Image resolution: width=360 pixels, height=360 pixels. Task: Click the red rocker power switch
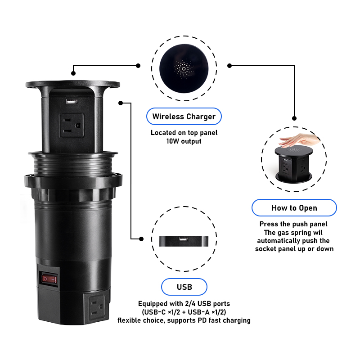pyautogui.click(x=49, y=279)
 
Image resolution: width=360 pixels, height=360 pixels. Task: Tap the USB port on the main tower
pyautogui.click(x=72, y=102)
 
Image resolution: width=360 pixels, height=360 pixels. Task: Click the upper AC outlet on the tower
pyautogui.click(x=72, y=126)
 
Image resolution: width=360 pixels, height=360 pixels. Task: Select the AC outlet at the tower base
pyautogui.click(x=97, y=308)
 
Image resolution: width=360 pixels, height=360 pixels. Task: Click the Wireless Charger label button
pyautogui.click(x=184, y=117)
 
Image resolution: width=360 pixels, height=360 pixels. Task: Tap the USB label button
pyautogui.click(x=184, y=287)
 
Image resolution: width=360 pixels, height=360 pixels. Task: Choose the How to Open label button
pyautogui.click(x=294, y=208)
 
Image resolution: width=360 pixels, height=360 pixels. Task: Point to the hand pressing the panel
pyautogui.click(x=299, y=140)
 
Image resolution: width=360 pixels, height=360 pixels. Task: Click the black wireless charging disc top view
pyautogui.click(x=184, y=68)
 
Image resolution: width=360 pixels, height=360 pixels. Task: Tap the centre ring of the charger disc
pyautogui.click(x=184, y=69)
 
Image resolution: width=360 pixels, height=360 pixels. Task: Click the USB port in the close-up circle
pyautogui.click(x=184, y=239)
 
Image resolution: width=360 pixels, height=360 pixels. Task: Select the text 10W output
pyautogui.click(x=184, y=141)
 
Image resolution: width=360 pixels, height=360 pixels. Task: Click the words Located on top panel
pyautogui.click(x=184, y=133)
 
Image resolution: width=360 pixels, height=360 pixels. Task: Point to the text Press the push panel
pyautogui.click(x=293, y=224)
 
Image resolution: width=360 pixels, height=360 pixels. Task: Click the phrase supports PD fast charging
pyautogui.click(x=209, y=320)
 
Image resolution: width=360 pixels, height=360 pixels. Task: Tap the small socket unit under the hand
pyautogui.click(x=294, y=164)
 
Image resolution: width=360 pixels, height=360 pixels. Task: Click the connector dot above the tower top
pyautogui.click(x=73, y=73)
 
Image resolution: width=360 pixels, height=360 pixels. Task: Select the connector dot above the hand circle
pyautogui.click(x=294, y=118)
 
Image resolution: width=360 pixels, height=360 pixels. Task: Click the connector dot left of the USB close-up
pyautogui.click(x=141, y=239)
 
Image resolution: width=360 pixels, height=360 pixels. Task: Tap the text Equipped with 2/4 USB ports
pyautogui.click(x=184, y=304)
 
